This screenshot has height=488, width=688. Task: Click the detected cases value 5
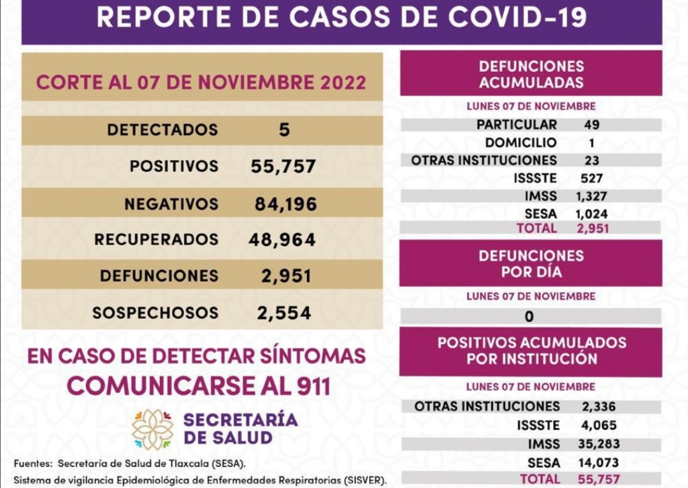point(284,130)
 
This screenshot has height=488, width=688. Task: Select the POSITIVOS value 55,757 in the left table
point(283,167)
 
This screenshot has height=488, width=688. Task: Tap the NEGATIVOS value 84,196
point(285,204)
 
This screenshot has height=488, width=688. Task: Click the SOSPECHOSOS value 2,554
point(284,313)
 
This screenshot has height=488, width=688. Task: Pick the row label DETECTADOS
point(162,130)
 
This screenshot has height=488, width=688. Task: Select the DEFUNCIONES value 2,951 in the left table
point(286,276)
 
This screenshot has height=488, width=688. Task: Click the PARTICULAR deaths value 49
point(591,125)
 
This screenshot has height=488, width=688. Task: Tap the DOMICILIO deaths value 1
point(591,143)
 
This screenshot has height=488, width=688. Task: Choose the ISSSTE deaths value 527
point(592,179)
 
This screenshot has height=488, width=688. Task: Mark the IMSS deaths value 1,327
point(592,197)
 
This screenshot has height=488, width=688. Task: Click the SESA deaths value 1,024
point(592,214)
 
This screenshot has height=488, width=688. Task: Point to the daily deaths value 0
point(530,316)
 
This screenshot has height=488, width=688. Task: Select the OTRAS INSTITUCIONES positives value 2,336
point(599,406)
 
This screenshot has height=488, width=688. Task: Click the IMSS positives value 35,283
point(599,443)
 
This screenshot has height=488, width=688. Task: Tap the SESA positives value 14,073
point(599,463)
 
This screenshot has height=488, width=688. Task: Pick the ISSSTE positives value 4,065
point(599,425)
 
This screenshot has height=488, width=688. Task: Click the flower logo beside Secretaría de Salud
point(152,429)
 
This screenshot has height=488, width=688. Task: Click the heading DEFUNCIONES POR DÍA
point(531,264)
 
